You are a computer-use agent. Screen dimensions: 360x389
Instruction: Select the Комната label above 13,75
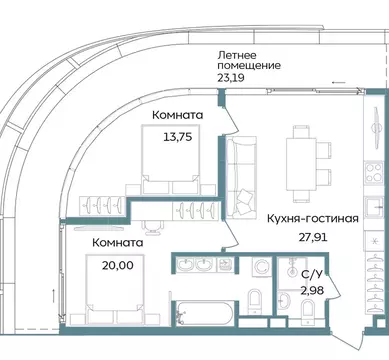[174, 116]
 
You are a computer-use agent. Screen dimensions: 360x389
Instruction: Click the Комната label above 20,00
[115, 241]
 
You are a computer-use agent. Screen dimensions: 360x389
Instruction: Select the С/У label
[311, 272]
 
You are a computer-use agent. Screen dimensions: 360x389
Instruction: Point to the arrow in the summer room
[340, 83]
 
